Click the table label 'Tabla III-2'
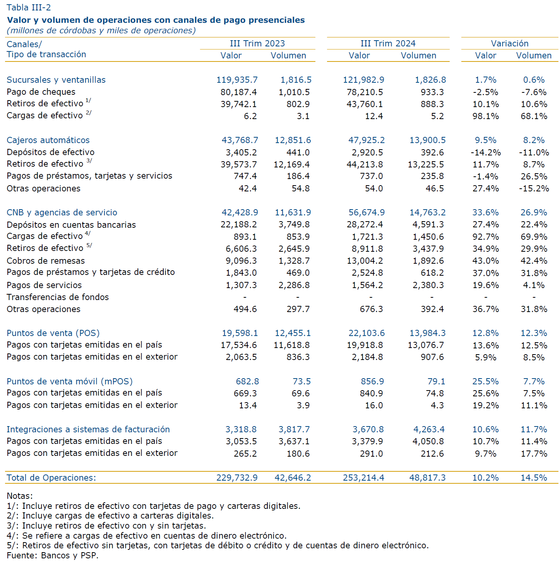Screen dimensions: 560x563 point(29,7)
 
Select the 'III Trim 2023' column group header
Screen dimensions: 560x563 point(257,44)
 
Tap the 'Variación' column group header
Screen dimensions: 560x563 point(509,44)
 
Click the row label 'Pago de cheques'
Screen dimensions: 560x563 point(41,92)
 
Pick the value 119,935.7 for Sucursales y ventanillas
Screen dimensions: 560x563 point(237,80)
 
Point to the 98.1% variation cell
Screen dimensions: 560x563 point(485,116)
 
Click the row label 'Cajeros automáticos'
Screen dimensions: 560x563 point(48,140)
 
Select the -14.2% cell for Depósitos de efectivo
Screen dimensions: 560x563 point(485,152)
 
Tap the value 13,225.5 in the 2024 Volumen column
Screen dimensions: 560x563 point(426,164)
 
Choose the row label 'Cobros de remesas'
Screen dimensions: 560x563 point(46,261)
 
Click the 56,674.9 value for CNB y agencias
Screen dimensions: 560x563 point(366,212)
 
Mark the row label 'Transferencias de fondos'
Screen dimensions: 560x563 point(58,297)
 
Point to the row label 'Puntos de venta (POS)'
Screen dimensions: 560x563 point(53,333)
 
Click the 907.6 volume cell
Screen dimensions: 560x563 point(432,357)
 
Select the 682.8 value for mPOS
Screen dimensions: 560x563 point(247,381)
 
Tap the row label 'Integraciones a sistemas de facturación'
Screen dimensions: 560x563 point(88,429)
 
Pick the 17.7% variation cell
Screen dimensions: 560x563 point(534,454)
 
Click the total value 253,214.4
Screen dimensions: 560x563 point(363,478)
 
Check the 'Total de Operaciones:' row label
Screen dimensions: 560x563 point(51,478)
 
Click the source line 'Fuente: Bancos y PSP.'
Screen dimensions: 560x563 point(53,555)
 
